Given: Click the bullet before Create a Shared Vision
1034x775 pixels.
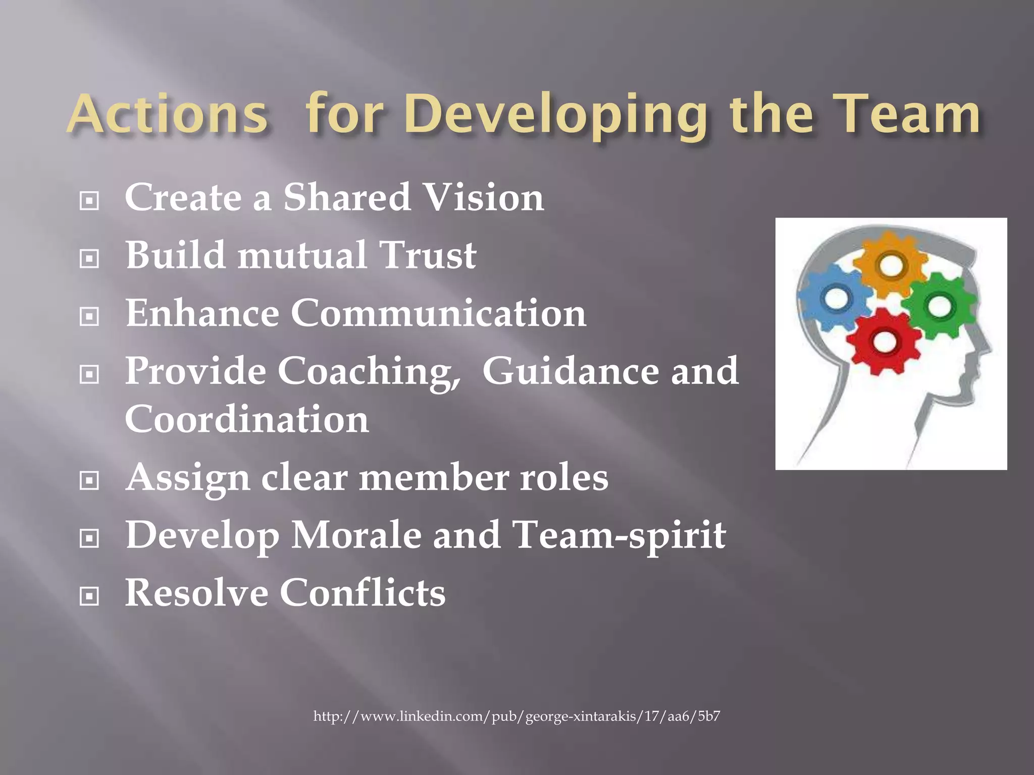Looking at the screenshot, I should [x=89, y=201].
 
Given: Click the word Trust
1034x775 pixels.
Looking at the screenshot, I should [x=427, y=255].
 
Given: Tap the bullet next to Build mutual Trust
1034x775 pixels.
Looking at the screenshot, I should [x=89, y=259].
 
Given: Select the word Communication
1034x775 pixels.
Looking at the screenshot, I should [x=438, y=313].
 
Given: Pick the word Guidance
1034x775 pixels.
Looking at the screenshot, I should [x=571, y=372].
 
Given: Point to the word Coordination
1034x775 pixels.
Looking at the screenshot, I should [x=247, y=419].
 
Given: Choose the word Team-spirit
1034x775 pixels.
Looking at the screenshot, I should [x=618, y=536].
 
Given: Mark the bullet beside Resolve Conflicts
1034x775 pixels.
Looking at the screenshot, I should [x=89, y=597].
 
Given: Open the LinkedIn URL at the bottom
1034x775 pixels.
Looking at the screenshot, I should [x=516, y=716].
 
